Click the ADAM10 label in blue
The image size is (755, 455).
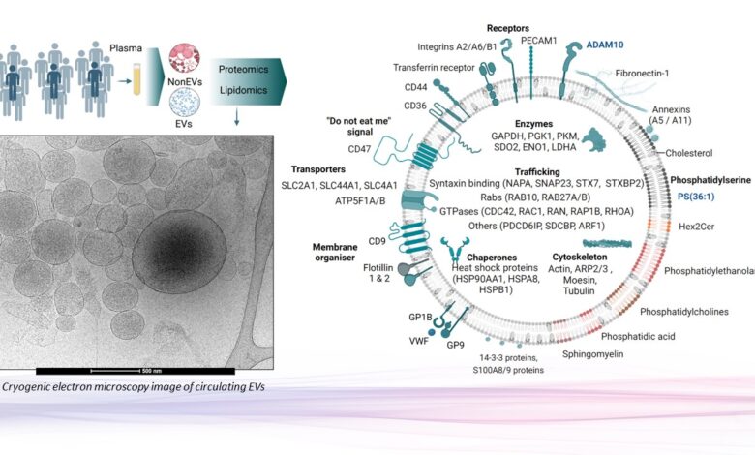point(608,45)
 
